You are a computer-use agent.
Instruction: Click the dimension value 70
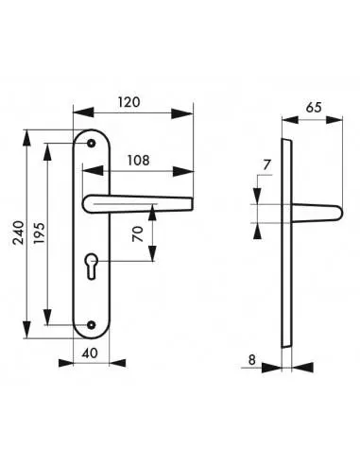[x=137, y=235]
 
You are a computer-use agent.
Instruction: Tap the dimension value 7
[x=266, y=166]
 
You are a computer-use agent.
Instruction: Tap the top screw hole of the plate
[x=91, y=142]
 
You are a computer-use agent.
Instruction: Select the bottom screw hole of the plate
[x=91, y=324]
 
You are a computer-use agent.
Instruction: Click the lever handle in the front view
[x=142, y=201]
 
